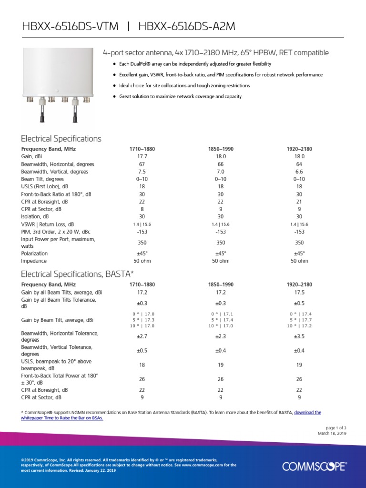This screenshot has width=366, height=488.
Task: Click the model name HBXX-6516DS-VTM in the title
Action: [x=70, y=27]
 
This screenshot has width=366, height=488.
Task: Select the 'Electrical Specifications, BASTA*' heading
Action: [x=77, y=274]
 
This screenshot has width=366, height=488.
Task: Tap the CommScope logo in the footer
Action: [x=315, y=466]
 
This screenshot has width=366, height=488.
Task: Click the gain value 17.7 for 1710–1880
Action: [x=142, y=156]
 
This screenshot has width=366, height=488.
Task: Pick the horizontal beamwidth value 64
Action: [x=299, y=164]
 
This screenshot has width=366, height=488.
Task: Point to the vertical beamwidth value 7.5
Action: [x=142, y=172]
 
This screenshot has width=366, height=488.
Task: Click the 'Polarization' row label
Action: [x=34, y=254]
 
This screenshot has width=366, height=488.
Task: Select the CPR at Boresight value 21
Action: [x=299, y=202]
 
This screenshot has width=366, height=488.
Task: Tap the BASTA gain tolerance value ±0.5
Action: [x=299, y=303]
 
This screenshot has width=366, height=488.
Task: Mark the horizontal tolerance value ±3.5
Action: [x=299, y=336]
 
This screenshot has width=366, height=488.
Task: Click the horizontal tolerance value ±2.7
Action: [x=142, y=336]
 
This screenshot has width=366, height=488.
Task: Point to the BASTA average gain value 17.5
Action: [x=299, y=292]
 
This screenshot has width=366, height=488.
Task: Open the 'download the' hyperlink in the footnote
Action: [x=307, y=412]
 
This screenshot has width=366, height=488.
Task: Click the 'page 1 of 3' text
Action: [x=336, y=427]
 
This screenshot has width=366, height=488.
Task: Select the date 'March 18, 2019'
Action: [x=332, y=433]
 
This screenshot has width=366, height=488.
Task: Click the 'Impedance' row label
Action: [x=34, y=261]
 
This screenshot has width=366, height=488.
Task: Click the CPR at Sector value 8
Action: [x=142, y=209]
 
